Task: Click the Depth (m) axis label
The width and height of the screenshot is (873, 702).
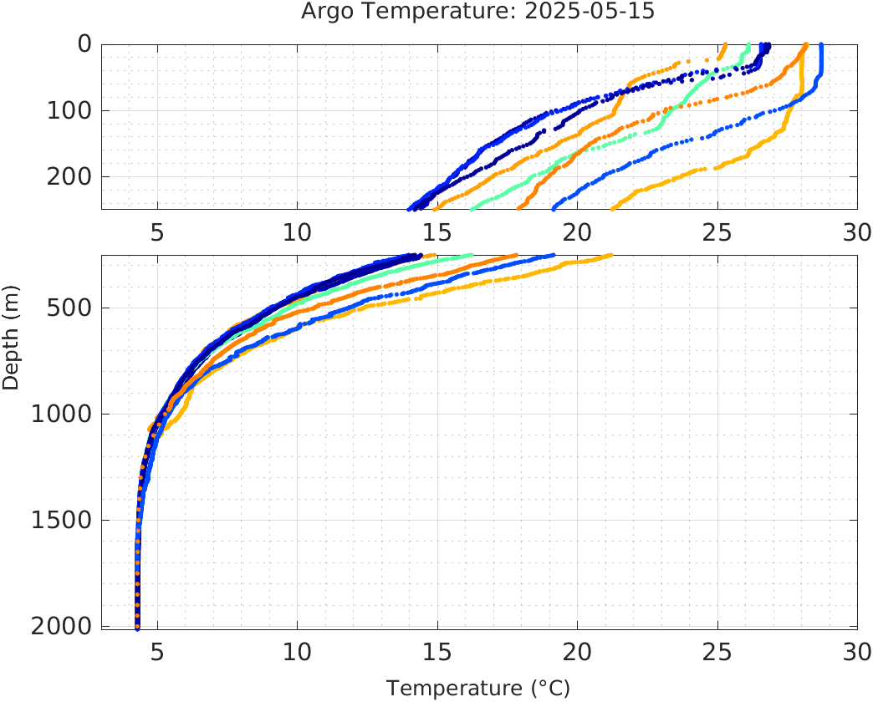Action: pyautogui.click(x=11, y=346)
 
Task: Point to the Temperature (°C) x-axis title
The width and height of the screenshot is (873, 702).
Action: pyautogui.click(x=477, y=689)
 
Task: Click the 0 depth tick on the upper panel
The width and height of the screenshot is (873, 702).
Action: pyautogui.click(x=84, y=44)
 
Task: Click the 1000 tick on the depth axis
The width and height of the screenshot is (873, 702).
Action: pyautogui.click(x=59, y=415)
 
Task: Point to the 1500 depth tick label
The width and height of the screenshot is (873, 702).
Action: pyautogui.click(x=59, y=521)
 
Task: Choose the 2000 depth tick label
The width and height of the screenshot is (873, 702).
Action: pyautogui.click(x=59, y=626)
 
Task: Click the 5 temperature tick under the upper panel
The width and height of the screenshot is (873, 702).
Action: pyautogui.click(x=157, y=232)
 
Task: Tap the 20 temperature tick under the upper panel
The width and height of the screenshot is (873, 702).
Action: pyautogui.click(x=577, y=232)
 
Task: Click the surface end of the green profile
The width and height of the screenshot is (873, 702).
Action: pyautogui.click(x=748, y=45)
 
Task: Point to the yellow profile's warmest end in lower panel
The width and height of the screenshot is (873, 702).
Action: pyautogui.click(x=610, y=256)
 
